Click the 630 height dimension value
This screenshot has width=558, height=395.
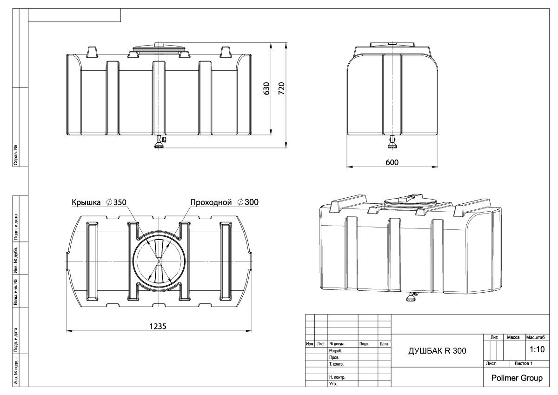tap(266, 88)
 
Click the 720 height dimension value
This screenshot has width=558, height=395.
tap(281, 88)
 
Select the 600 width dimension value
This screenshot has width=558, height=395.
tap(392, 162)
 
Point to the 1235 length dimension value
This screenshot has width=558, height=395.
tap(159, 326)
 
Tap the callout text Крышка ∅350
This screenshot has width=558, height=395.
tap(99, 202)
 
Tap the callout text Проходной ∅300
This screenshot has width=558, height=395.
tap(224, 202)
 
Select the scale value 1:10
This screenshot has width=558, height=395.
tap(537, 349)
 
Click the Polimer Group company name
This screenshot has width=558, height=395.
tap(517, 378)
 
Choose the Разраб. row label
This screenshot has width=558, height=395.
tap(335, 351)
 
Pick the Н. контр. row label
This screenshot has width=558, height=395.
tap(337, 377)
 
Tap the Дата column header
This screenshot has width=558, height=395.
tap(384, 344)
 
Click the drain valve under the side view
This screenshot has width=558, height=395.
tap(392, 142)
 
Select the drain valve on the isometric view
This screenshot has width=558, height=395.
tap(411, 296)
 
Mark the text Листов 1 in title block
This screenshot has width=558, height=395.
tap(523, 363)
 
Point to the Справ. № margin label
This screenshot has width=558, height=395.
tap(16, 155)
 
